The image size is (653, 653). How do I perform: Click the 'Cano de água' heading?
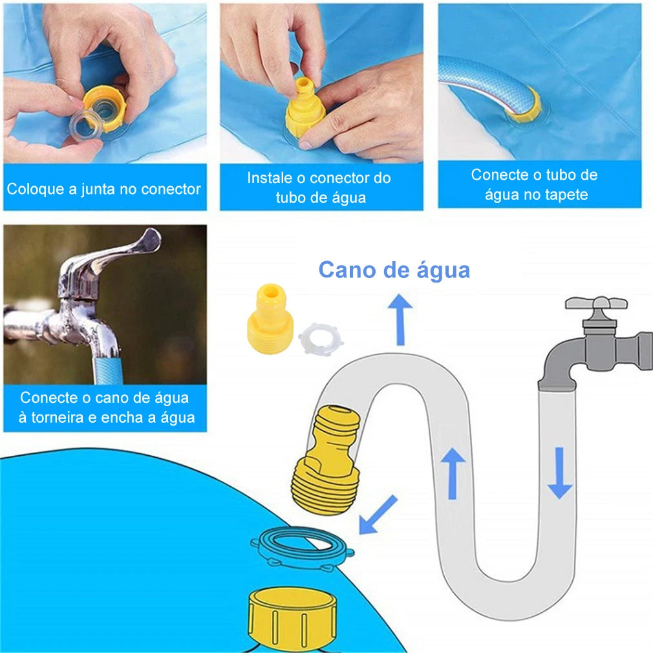tap(394, 270)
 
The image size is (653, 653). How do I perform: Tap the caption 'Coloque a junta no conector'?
tap(104, 189)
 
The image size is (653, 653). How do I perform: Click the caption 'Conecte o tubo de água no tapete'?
tap(534, 184)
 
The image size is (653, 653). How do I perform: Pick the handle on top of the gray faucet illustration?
tap(595, 303)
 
